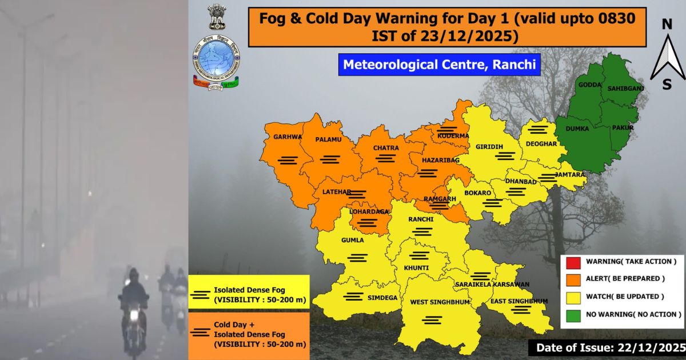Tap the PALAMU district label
tap(329, 139)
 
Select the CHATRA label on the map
tap(386, 148)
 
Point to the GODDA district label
tap(591, 85)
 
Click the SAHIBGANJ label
tap(625, 89)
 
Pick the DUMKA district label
tap(577, 129)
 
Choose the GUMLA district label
tap(353, 241)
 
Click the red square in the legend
tap(573, 262)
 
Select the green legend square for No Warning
tap(573, 315)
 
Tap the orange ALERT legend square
tap(573, 279)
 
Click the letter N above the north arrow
tap(667, 24)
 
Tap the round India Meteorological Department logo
tap(217, 59)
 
